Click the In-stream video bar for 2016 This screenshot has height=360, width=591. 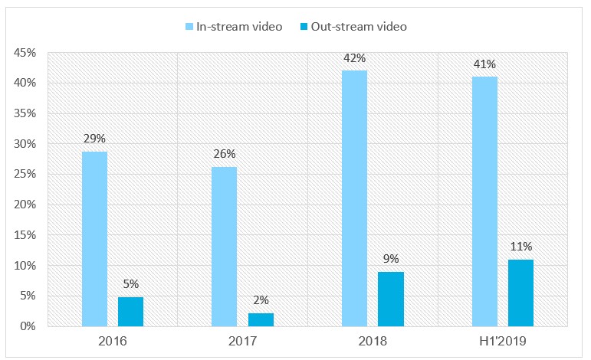pyautogui.click(x=94, y=239)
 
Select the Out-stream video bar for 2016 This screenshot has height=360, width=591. pyautogui.click(x=130, y=311)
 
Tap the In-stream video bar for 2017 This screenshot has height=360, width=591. pyautogui.click(x=224, y=247)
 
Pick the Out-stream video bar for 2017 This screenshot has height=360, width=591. pyautogui.click(x=260, y=319)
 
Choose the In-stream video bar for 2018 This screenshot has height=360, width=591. pyautogui.click(x=354, y=198)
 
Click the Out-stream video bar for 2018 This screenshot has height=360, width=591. pyautogui.click(x=390, y=299)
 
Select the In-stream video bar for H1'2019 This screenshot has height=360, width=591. pyautogui.click(x=484, y=201)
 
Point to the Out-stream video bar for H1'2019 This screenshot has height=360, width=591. pyautogui.click(x=520, y=293)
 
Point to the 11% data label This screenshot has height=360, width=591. pyautogui.click(x=520, y=246)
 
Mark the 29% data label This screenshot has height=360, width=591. pyautogui.click(x=94, y=138)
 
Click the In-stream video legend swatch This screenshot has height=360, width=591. pyautogui.click(x=189, y=27)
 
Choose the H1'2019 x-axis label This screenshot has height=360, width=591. pyautogui.click(x=502, y=340)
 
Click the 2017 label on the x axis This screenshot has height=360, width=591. pyautogui.click(x=242, y=340)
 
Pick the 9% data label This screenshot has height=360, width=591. pyautogui.click(x=390, y=258)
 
